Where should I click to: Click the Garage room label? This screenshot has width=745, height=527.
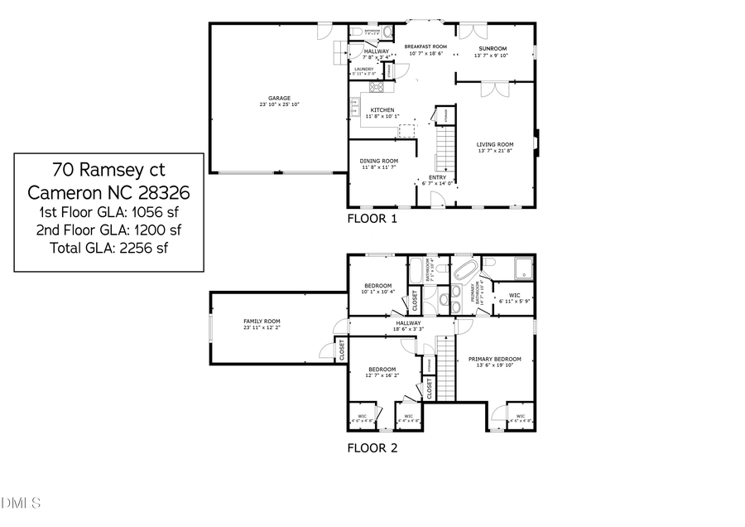point(278,98)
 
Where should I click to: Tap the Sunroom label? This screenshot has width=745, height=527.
point(491,47)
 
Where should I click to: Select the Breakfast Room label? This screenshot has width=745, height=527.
point(425,47)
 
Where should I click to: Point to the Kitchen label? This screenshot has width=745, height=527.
point(382,110)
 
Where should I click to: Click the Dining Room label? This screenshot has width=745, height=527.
point(378,161)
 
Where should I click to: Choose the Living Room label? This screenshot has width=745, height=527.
point(495,145)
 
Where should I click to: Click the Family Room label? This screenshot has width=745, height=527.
point(262,322)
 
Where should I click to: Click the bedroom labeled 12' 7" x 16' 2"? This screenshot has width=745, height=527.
point(382,370)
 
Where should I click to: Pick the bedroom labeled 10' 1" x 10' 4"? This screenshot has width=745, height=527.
point(377,286)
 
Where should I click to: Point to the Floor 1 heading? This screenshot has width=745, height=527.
point(372,220)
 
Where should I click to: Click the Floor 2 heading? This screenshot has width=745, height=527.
point(372,448)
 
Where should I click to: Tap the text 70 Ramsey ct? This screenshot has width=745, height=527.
point(108,171)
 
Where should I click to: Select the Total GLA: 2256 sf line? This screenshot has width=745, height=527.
point(108,247)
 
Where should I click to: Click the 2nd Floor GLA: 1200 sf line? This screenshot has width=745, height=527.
point(108,230)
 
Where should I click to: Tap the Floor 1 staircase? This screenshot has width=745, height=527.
point(446,153)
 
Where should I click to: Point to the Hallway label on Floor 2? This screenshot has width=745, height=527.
point(408,323)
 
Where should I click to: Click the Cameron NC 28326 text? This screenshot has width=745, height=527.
point(108,193)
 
